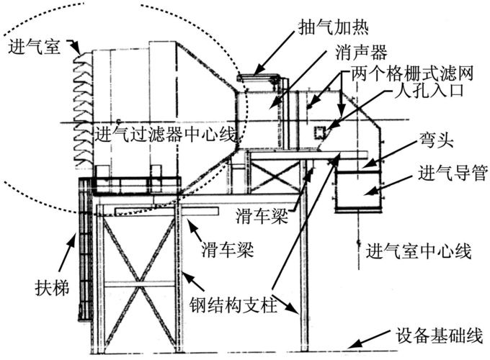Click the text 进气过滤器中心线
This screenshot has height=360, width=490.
click(166, 132)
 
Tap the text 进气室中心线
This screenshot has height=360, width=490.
click(419, 252)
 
